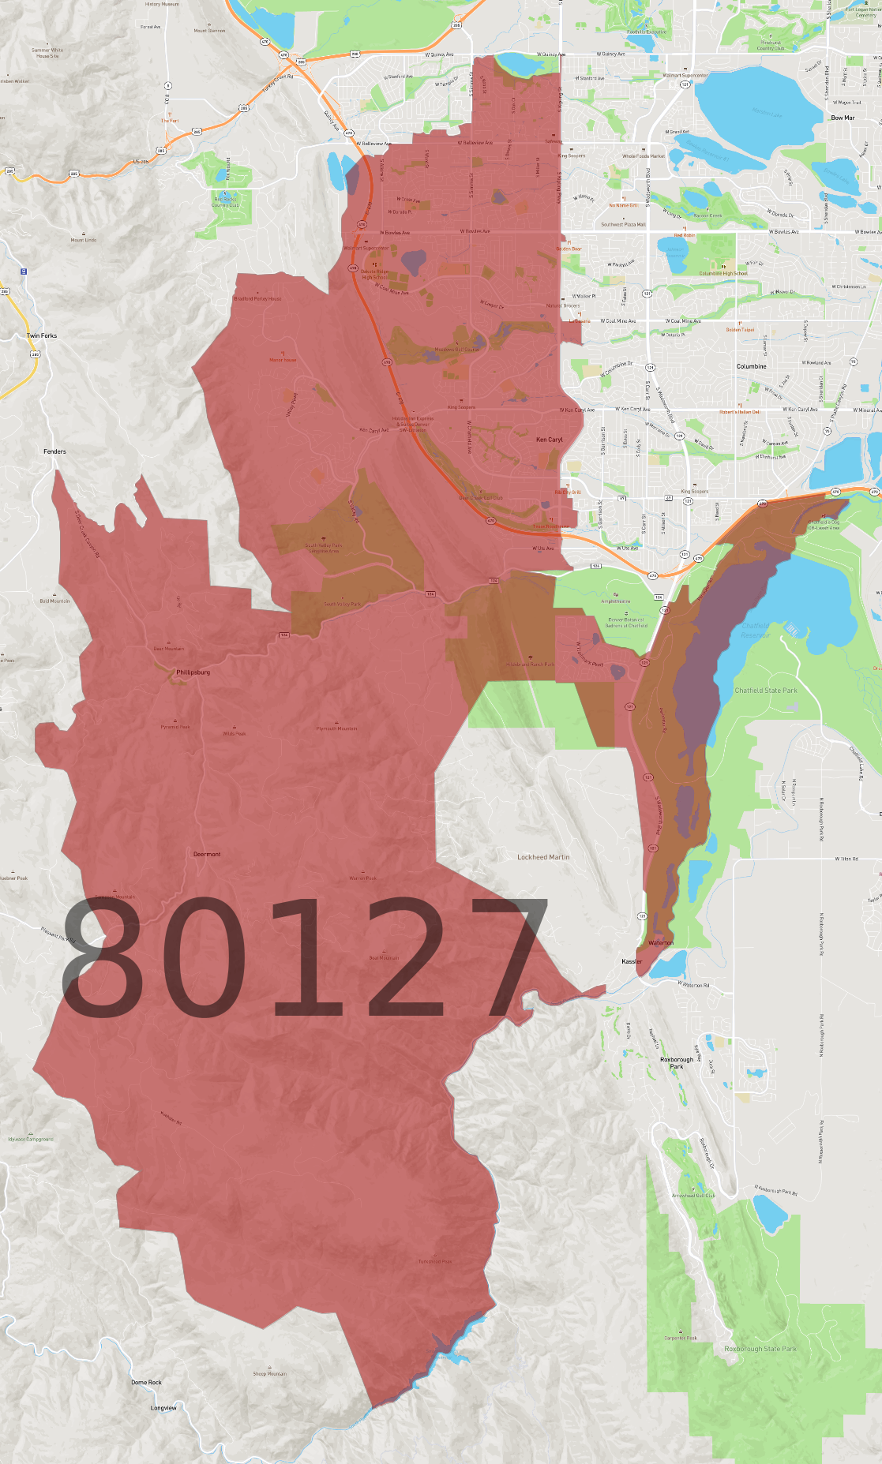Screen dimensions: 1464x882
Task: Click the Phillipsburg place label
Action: [x=193, y=672]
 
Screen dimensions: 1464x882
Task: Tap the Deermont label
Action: [x=207, y=854]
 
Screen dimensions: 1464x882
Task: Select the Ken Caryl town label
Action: [x=550, y=440]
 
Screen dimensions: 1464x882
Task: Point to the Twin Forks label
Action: [x=42, y=335]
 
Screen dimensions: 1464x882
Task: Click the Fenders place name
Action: [x=54, y=451]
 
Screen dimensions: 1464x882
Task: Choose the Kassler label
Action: [x=632, y=961]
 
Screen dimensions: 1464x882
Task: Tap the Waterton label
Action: [x=661, y=942]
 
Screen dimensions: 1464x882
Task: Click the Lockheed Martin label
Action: [x=543, y=857]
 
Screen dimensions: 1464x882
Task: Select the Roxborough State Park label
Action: [x=760, y=1349]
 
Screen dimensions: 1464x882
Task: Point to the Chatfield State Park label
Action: [x=766, y=691]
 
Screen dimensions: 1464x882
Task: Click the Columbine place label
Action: [x=751, y=366]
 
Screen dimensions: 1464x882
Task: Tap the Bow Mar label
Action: [x=843, y=118]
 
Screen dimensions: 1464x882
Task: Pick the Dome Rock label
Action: [x=146, y=1382]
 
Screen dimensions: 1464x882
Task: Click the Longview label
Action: [x=163, y=1407]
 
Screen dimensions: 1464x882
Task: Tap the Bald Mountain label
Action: [x=54, y=601]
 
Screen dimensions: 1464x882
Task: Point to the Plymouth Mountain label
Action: [x=336, y=728]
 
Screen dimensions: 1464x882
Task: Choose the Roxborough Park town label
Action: [x=677, y=1062]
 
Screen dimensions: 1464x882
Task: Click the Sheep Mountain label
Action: [x=269, y=1373]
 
